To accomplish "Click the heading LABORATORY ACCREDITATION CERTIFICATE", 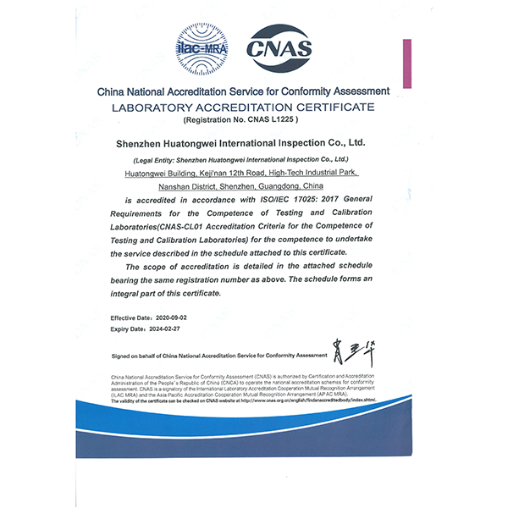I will (x=243, y=108).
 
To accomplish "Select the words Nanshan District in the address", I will (x=186, y=185).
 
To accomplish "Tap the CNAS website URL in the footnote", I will (x=306, y=398).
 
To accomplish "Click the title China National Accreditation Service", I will (x=243, y=91).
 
